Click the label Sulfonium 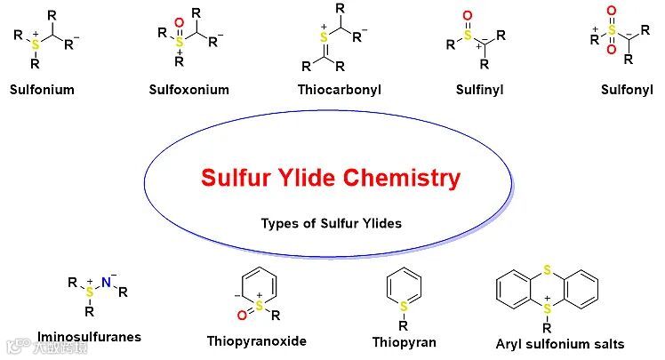[x=42, y=90]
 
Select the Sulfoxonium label [x=189, y=90]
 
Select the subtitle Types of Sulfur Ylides [x=331, y=223]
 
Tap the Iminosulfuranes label [x=89, y=337]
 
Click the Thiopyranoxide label [x=256, y=340]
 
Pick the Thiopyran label [x=405, y=341]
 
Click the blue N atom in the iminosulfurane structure [x=105, y=283]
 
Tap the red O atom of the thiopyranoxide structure [x=241, y=314]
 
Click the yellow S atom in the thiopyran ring [x=404, y=306]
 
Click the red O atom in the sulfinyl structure [x=469, y=16]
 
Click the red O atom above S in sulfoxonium [x=179, y=21]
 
